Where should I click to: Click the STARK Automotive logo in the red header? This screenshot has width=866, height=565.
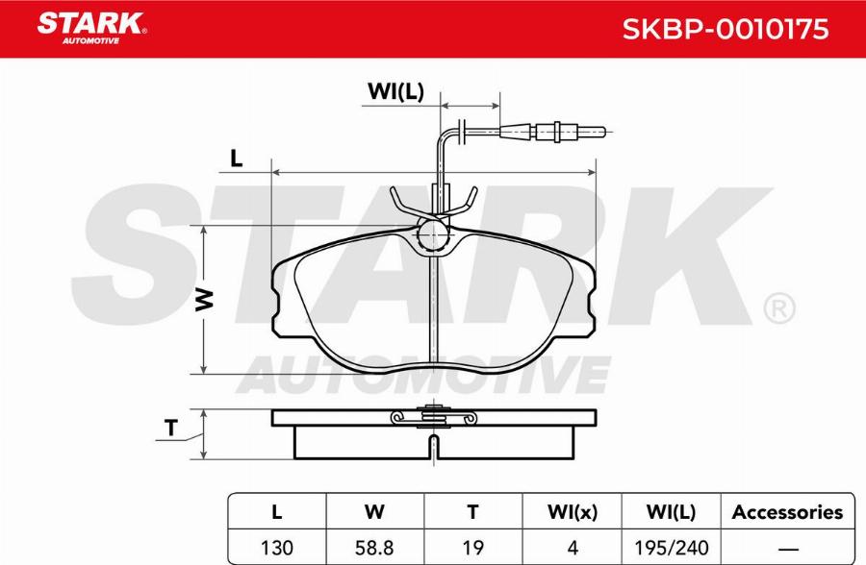(91, 28)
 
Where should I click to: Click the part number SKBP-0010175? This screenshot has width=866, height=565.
(726, 29)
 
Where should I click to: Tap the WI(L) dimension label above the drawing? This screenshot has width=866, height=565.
(395, 91)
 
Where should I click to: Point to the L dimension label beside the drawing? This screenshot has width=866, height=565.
(237, 159)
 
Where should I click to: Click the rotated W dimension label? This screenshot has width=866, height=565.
(204, 300)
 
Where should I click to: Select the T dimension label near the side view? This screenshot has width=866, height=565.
(172, 428)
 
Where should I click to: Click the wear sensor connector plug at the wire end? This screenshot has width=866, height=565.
(553, 132)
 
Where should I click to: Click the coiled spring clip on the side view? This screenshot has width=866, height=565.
(433, 417)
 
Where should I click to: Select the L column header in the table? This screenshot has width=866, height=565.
(277, 512)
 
